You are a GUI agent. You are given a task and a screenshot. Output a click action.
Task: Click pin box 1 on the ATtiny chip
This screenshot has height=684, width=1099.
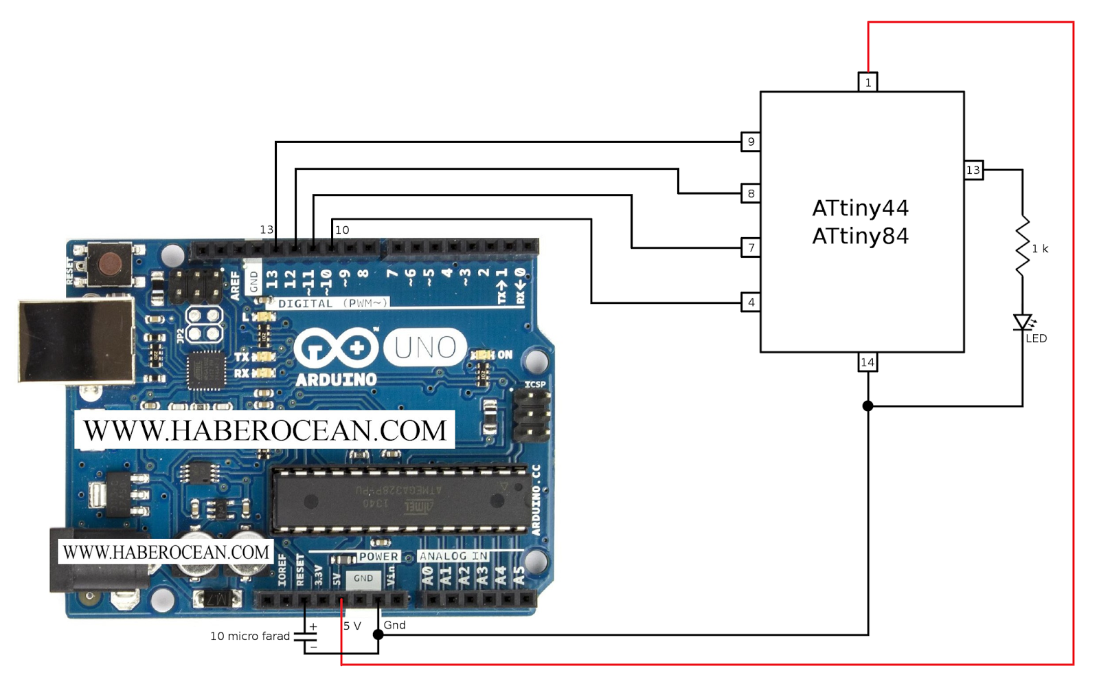868,82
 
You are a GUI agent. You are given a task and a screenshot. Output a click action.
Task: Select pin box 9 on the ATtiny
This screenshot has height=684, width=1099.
751,142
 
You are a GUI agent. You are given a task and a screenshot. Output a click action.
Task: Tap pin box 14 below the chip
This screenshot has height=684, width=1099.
868,362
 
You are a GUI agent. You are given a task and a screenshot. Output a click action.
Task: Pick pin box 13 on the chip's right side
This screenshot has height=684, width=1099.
973,170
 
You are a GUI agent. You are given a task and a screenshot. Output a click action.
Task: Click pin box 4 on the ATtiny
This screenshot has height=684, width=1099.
751,302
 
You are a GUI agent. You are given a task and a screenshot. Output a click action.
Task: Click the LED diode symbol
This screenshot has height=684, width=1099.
1023,322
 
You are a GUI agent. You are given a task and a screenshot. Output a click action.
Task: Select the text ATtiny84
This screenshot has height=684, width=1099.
860,236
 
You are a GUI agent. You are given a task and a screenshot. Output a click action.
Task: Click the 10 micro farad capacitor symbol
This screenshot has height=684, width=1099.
305,637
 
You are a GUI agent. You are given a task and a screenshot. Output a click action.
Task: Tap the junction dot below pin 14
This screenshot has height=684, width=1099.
868,406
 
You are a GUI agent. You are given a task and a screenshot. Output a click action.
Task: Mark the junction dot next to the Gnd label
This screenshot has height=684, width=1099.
378,635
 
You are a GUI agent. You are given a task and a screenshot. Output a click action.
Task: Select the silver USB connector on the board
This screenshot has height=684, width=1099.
76,340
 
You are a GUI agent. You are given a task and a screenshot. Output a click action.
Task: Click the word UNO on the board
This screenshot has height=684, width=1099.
425,348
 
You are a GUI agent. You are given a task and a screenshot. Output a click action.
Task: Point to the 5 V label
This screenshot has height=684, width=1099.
352,626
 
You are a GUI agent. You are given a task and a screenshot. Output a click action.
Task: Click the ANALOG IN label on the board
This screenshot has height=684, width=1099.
453,556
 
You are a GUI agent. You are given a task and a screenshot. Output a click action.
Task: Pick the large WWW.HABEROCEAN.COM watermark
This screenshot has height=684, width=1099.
264,430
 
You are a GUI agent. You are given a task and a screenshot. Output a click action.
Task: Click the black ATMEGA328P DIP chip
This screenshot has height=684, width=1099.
402,500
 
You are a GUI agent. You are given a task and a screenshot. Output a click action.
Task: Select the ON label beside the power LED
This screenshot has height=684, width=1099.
505,355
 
